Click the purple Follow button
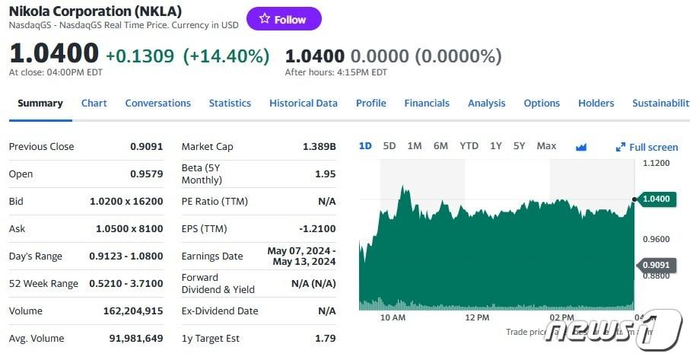(284, 19)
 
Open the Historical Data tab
(303, 103)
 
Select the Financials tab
(427, 103)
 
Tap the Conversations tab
(157, 103)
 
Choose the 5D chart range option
(390, 145)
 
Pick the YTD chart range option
(469, 145)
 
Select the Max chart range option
(546, 145)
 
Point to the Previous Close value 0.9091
(146, 146)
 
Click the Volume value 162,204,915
(133, 311)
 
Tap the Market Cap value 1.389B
(320, 146)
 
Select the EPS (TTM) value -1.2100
(316, 228)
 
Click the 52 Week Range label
(43, 283)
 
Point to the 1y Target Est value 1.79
(325, 338)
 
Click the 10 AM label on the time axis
(393, 317)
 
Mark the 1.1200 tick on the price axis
(656, 163)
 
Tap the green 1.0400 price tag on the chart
(656, 199)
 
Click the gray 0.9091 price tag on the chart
(656, 265)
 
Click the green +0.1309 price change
(139, 56)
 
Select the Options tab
(542, 103)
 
